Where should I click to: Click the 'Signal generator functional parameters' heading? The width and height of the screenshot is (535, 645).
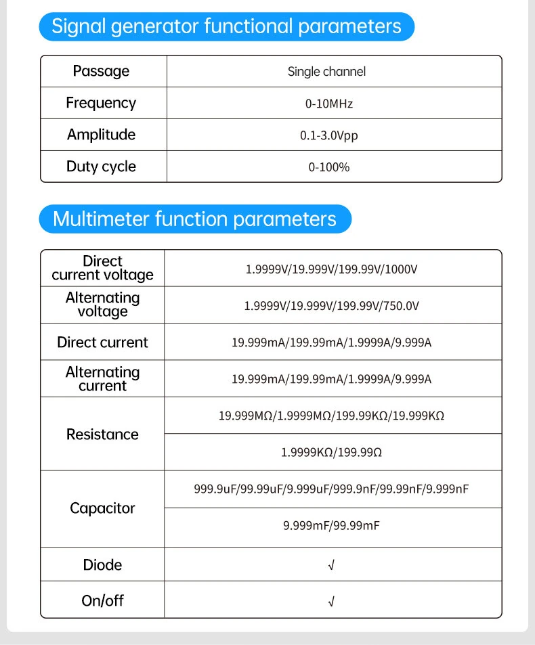click(226, 27)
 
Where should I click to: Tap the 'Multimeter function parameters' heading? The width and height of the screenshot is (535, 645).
click(194, 219)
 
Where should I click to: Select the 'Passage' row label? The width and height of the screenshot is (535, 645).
click(101, 71)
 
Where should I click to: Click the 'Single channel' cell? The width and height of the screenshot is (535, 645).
click(326, 72)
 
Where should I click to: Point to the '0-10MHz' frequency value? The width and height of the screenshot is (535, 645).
click(329, 104)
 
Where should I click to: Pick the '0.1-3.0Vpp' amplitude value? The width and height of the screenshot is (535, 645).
click(329, 135)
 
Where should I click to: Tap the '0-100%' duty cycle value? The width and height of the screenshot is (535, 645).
click(329, 167)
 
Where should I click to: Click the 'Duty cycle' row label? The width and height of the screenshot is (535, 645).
click(101, 167)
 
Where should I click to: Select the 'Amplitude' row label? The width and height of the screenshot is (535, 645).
click(101, 135)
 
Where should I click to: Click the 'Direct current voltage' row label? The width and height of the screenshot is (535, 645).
click(102, 268)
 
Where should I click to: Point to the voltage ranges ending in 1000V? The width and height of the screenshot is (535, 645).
click(331, 269)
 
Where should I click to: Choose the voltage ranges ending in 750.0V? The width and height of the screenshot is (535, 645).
click(331, 306)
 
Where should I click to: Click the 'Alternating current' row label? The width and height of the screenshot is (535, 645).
click(102, 379)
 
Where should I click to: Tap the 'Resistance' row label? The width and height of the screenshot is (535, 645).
click(102, 435)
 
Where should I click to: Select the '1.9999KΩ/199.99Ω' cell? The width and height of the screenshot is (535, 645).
click(331, 452)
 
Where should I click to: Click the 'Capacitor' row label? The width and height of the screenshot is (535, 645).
click(102, 508)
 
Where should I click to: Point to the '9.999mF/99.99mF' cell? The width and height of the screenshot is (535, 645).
click(331, 525)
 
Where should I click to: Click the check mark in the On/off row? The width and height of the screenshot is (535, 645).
click(331, 601)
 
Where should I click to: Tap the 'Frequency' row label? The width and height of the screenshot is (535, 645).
click(101, 103)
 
